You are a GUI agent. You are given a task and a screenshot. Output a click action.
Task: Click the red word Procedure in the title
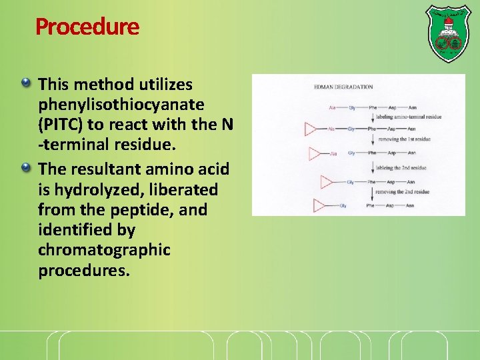pyautogui.click(x=87, y=27)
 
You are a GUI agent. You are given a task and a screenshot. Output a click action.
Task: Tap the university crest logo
pyautogui.click(x=447, y=33)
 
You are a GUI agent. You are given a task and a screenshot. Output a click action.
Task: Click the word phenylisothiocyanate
pyautogui.click(x=121, y=105)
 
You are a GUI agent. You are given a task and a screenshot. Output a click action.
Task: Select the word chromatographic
pyautogui.click(x=104, y=250)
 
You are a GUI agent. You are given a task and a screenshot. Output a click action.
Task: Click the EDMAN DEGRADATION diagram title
pyautogui.click(x=343, y=87)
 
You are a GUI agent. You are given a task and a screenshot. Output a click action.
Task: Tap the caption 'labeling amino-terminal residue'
pyautogui.click(x=409, y=117)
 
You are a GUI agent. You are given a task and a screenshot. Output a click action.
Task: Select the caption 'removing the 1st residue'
pyautogui.click(x=404, y=139)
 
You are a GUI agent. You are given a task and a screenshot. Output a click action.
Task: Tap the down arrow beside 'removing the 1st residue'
pyautogui.click(x=371, y=140)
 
